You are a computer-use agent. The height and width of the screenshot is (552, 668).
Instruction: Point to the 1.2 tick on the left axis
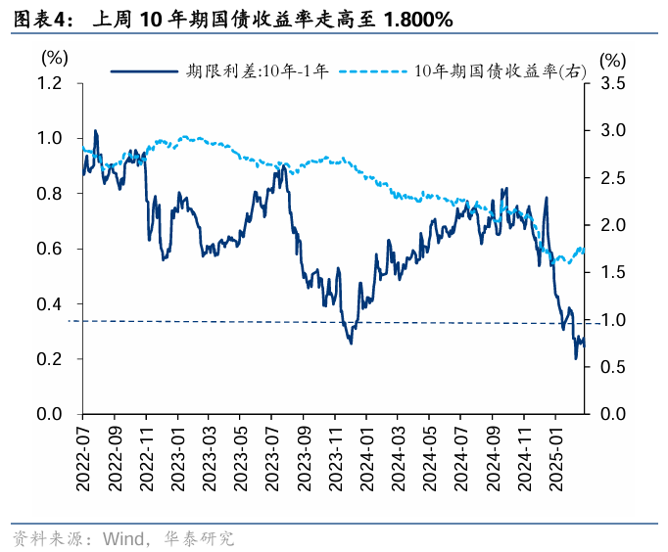click(x=50, y=83)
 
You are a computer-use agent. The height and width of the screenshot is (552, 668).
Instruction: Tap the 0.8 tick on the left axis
click(x=50, y=194)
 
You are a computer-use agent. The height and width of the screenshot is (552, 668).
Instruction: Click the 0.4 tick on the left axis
click(x=50, y=304)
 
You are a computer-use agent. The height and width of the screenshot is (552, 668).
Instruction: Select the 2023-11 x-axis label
click(x=335, y=451)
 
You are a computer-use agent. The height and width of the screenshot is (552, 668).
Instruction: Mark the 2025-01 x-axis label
click(x=555, y=451)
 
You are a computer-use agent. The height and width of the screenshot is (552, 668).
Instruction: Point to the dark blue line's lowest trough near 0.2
click(x=575, y=358)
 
